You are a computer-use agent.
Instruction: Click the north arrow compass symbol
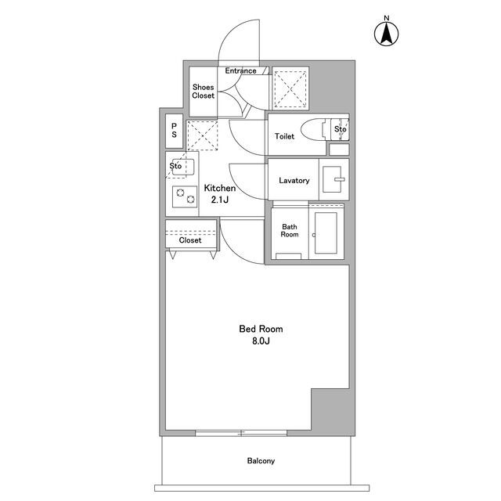pos(386,34)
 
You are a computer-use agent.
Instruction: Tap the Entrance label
pos(240,70)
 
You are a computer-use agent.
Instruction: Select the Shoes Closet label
pos(204,92)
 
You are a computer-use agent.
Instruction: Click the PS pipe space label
pos(174,131)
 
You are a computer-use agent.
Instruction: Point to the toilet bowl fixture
pos(313,129)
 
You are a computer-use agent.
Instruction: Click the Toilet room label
pos(284,136)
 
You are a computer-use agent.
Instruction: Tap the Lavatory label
pos(294,181)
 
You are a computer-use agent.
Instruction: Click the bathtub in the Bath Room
pos(326,232)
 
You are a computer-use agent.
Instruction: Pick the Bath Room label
pos(290,231)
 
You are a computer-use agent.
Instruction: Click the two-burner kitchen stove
pos(185,196)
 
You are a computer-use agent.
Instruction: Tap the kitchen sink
pos(183,167)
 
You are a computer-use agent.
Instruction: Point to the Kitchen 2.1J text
pos(220,193)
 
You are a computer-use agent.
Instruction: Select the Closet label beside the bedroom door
pos(190,240)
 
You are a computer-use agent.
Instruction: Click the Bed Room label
pos(261,329)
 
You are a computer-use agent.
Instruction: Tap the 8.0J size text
pos(261,341)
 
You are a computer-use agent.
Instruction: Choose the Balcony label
pos(261,461)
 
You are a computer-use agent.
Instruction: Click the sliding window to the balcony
pos(241,433)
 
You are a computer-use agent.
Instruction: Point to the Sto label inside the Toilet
pos(341,129)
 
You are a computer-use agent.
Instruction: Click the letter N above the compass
pos(387,18)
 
